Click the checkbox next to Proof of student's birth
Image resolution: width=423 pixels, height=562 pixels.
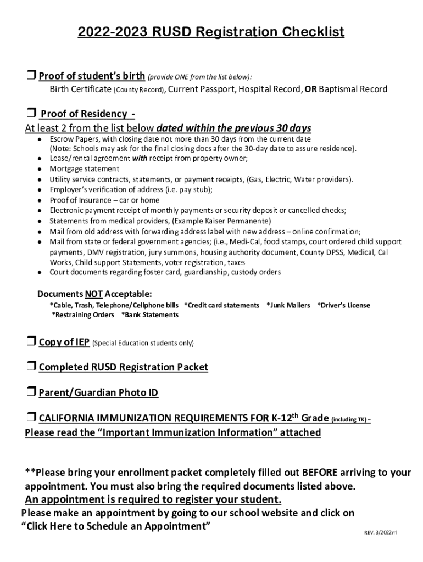(x=31, y=76)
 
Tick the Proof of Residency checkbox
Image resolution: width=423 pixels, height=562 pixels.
(x=31, y=114)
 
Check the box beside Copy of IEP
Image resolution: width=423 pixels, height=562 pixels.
(x=31, y=342)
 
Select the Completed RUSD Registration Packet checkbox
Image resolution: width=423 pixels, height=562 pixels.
(x=31, y=367)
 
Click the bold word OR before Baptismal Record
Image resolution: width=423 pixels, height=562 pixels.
(x=310, y=89)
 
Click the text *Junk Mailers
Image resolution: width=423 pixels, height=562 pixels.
(x=288, y=305)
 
